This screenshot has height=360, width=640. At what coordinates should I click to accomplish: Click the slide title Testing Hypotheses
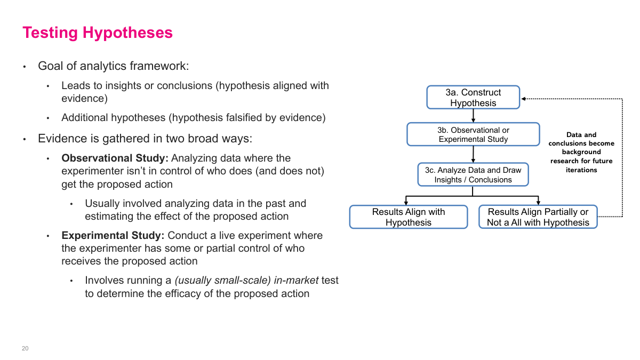click(x=98, y=33)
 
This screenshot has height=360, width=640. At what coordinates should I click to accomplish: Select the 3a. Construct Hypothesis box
click(x=473, y=98)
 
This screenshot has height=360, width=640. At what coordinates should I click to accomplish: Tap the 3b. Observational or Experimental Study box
click(x=473, y=134)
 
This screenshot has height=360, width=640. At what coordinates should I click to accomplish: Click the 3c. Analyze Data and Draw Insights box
click(x=473, y=175)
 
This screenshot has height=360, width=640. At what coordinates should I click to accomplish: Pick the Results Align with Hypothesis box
click(x=409, y=217)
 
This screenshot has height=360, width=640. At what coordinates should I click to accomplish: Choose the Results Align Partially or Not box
click(x=538, y=217)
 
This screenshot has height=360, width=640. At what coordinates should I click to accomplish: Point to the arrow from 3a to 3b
click(x=473, y=116)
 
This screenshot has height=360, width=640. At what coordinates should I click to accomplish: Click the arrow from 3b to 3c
click(x=473, y=154)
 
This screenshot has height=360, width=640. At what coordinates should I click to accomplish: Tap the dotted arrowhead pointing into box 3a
click(x=524, y=99)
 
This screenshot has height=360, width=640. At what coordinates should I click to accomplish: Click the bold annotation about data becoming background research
click(x=581, y=152)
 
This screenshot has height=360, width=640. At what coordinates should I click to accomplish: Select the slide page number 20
click(x=25, y=348)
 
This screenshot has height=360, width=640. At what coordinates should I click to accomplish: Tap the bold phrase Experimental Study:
click(x=113, y=236)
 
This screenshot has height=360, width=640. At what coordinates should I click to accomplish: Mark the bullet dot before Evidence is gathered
click(x=24, y=140)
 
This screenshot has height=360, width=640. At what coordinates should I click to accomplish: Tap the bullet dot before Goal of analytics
click(x=24, y=67)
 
